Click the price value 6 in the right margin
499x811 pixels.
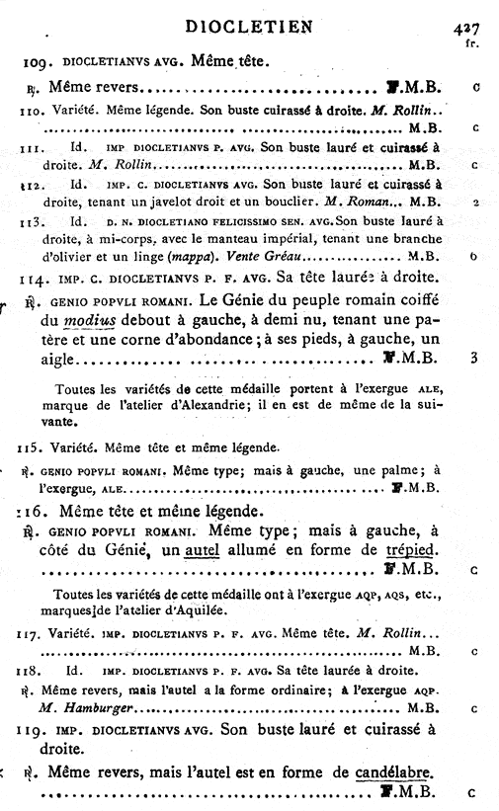474,256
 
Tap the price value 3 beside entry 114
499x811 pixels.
474,358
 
